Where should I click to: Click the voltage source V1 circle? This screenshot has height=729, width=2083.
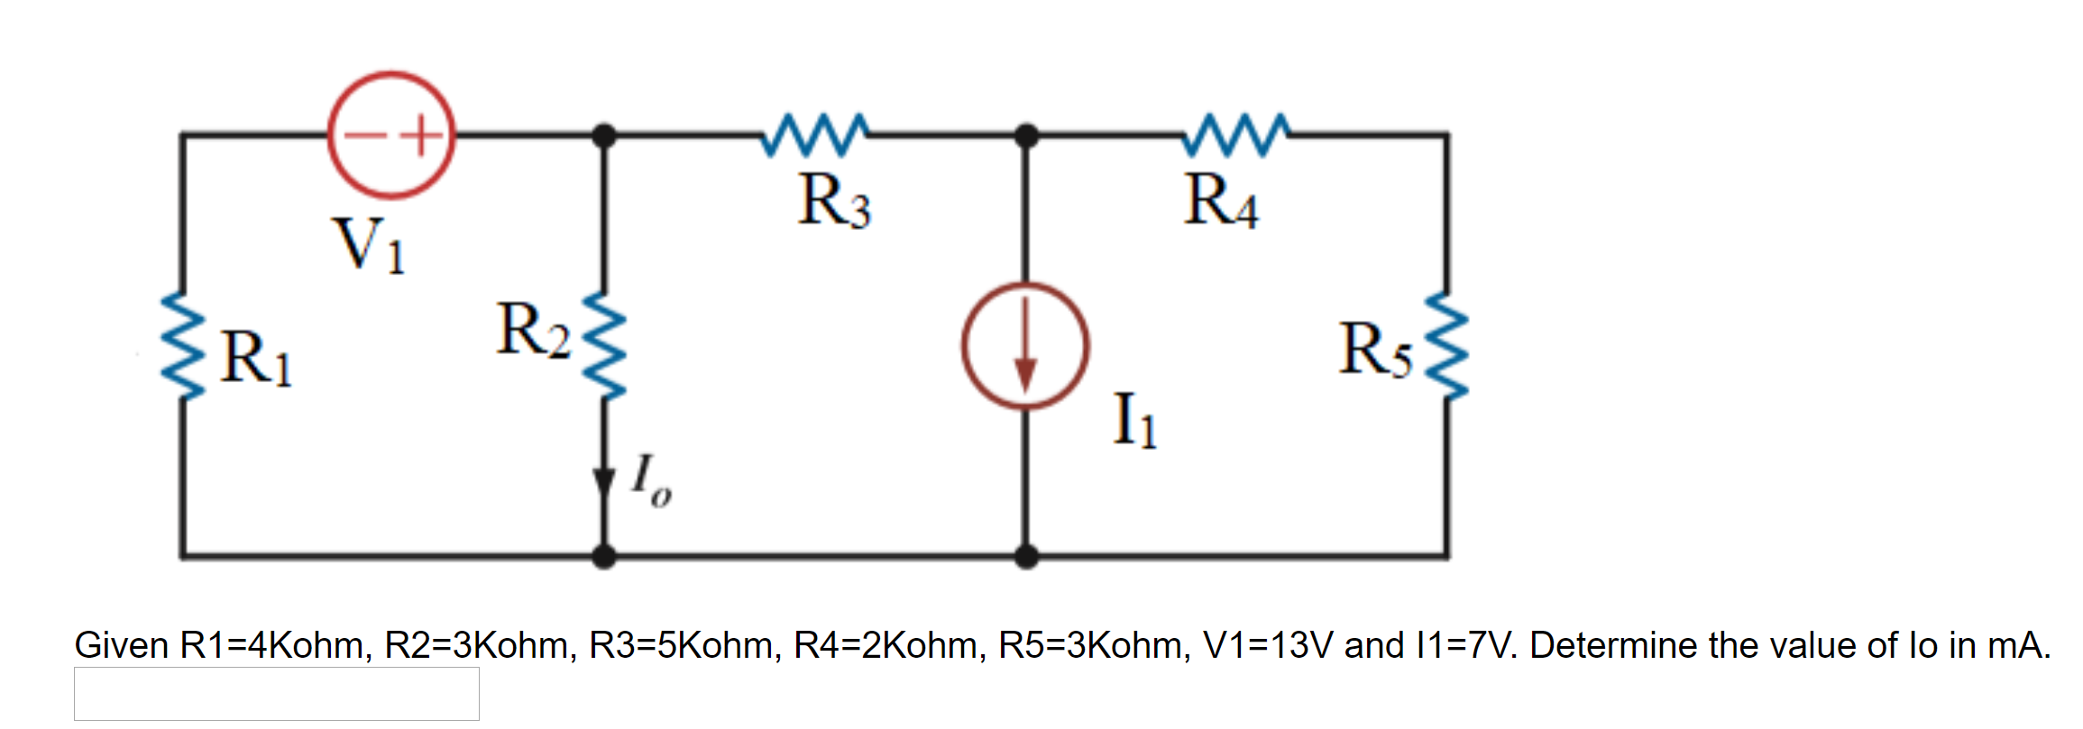[390, 135]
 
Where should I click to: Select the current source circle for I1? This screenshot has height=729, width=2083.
[1025, 346]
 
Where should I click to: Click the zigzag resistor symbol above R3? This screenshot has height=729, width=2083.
[815, 135]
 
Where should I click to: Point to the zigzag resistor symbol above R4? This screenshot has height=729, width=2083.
[1236, 135]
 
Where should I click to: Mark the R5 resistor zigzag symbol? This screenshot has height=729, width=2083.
[1447, 346]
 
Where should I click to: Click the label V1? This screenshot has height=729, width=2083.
[370, 245]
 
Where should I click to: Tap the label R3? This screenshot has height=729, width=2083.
[834, 201]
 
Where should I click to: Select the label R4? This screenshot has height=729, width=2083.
[1221, 201]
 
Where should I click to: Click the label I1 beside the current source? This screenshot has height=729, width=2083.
[1134, 420]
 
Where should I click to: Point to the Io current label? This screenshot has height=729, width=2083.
[650, 481]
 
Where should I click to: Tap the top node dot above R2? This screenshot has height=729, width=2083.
[604, 136]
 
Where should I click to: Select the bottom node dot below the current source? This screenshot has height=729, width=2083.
[1025, 556]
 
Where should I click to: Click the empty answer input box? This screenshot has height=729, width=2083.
[276, 693]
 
